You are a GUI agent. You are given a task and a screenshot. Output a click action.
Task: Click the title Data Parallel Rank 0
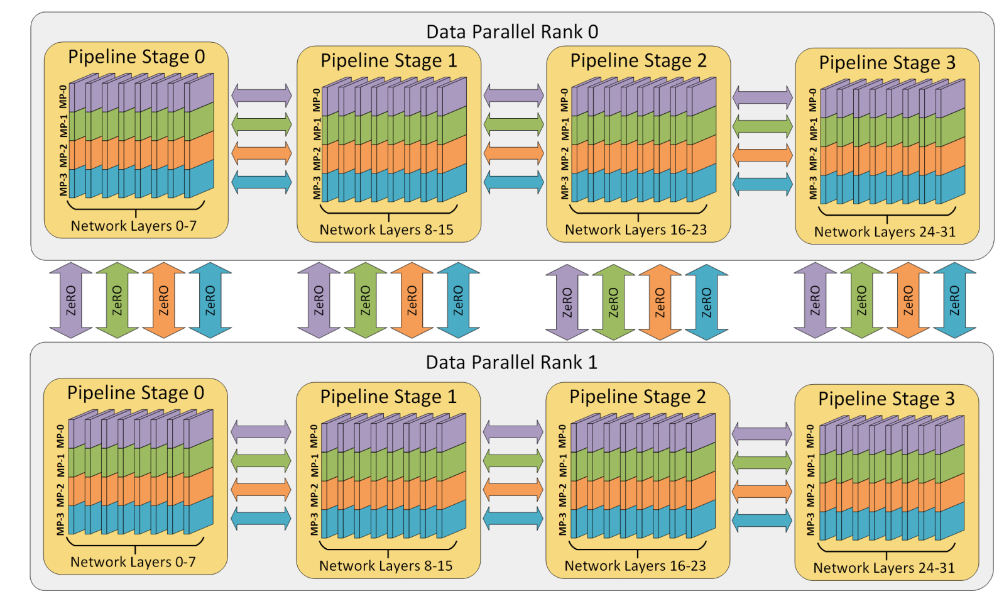tap(512, 31)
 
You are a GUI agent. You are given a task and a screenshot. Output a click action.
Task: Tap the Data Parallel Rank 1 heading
tap(511, 362)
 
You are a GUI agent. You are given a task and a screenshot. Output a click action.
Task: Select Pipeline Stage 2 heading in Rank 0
tap(638, 60)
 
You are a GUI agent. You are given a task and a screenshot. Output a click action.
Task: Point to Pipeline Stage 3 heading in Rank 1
tap(886, 399)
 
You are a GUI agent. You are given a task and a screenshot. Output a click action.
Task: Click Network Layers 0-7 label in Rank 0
tap(133, 226)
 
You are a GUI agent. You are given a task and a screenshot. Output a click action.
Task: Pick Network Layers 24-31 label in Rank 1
tap(884, 568)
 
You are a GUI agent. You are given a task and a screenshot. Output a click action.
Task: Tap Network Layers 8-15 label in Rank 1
tap(386, 566)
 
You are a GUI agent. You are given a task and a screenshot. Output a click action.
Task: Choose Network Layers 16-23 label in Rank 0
tap(636, 229)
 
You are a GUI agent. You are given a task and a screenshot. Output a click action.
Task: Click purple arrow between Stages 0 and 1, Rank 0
tap(261, 96)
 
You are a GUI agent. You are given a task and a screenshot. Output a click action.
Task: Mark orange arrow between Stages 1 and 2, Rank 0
tap(513, 153)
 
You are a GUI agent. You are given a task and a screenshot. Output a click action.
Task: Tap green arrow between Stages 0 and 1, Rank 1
tap(261, 461)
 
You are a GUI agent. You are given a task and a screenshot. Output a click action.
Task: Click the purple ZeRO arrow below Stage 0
tap(71, 300)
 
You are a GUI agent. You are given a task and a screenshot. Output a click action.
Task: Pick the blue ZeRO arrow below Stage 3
tap(954, 300)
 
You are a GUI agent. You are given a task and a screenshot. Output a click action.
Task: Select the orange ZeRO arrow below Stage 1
tap(412, 300)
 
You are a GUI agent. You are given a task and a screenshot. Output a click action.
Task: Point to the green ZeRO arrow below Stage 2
tap(613, 302)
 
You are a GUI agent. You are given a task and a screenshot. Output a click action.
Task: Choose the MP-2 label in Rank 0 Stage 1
tap(317, 158)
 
